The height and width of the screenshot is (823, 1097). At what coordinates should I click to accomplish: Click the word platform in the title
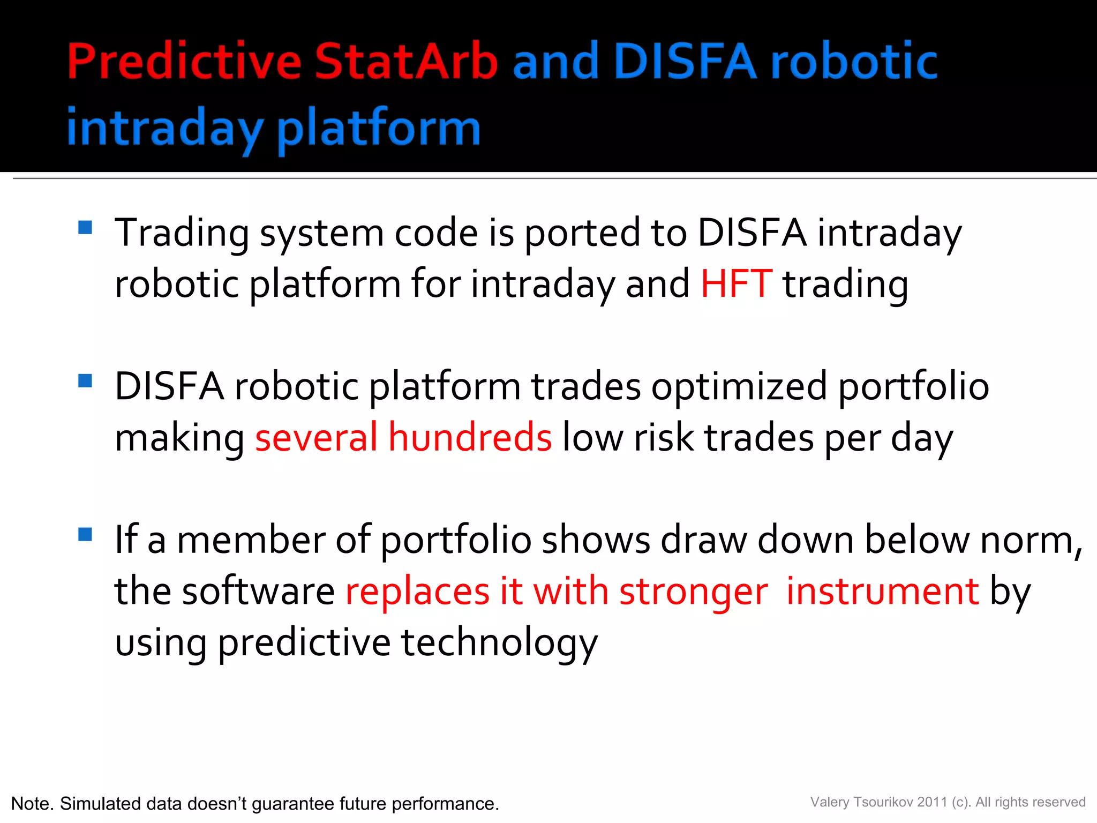tap(378, 129)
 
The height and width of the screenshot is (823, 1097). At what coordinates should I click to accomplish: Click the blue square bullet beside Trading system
tap(85, 228)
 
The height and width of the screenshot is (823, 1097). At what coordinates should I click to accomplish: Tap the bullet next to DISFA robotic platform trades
tap(85, 381)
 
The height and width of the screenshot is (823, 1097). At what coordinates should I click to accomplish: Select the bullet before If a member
tap(85, 534)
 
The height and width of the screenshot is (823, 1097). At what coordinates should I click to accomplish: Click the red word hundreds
tap(470, 437)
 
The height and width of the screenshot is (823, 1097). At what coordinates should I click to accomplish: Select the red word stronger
tap(694, 592)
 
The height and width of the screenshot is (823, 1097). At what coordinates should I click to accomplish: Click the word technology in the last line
tap(499, 643)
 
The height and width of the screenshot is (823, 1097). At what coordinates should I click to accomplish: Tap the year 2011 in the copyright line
tap(932, 802)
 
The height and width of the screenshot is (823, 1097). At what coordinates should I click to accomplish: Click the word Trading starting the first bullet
tap(182, 234)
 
